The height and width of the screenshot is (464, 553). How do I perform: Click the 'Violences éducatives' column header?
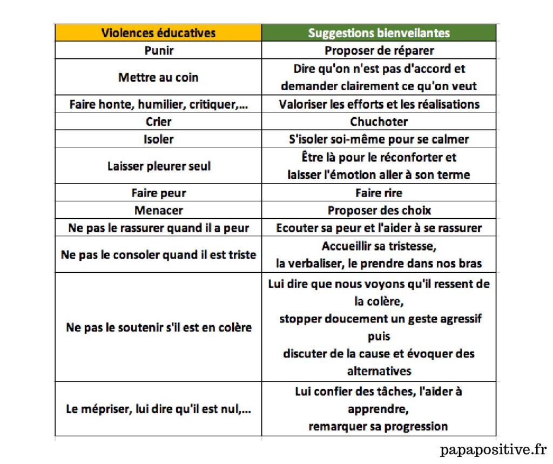pos(158,33)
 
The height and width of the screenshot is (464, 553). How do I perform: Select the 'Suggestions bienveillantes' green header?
pos(379,33)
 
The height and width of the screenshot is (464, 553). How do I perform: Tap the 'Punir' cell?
pos(159,51)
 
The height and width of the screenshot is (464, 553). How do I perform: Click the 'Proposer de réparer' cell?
pos(379,51)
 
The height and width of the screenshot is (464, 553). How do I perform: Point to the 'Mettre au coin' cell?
pos(158,77)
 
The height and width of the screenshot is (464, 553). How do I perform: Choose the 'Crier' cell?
pos(159,122)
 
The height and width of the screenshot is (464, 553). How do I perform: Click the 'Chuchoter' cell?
pos(379,122)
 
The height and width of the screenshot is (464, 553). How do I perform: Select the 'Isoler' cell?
pos(159,139)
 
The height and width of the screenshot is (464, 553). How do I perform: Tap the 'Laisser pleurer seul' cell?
pos(159,166)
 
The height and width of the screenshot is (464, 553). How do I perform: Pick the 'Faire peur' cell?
pos(159,193)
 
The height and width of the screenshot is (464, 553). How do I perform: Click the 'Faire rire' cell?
pos(379,193)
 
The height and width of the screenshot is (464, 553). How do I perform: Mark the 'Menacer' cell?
pos(159,211)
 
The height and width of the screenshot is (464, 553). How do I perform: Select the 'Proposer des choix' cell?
pos(379,211)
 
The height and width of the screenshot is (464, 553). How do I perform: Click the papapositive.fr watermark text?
pos(493,449)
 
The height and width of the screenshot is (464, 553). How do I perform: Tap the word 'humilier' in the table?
pos(164,104)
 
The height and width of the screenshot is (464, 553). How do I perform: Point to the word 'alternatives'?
pos(379,371)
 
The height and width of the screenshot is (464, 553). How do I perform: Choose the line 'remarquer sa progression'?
pos(378,426)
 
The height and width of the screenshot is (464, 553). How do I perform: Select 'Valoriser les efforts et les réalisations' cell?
pos(379,104)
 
